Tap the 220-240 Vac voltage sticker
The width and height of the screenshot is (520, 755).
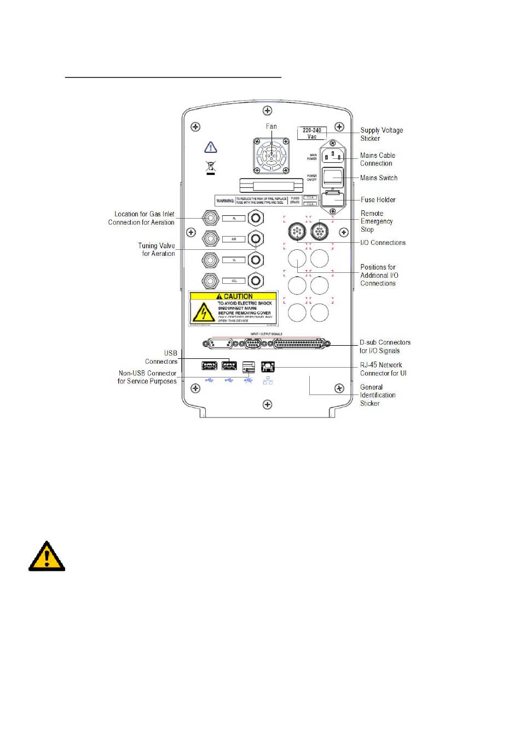[x=312, y=133]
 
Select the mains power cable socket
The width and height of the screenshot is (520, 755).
[x=333, y=157]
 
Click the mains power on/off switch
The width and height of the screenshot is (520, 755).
[x=333, y=178]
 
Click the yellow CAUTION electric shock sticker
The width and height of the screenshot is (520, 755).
[x=233, y=308]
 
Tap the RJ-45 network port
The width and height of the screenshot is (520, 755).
[x=268, y=367]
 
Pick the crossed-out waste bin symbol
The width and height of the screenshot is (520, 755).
[x=211, y=167]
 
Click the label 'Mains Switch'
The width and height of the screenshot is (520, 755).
[x=379, y=178]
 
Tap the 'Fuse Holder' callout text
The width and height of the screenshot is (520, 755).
[x=378, y=200]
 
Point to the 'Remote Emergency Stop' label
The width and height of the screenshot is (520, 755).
[x=377, y=221]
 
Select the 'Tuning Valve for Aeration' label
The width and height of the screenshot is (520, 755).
[x=157, y=250]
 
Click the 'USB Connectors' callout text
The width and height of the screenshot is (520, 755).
[x=161, y=357]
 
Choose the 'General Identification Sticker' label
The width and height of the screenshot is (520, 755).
[x=378, y=395]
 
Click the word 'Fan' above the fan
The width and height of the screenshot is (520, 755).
[x=271, y=127]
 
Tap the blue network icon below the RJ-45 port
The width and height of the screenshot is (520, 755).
[x=268, y=381]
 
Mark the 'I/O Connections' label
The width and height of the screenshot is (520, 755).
[x=383, y=243]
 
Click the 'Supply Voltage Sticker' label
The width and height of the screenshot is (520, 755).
[x=381, y=134]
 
